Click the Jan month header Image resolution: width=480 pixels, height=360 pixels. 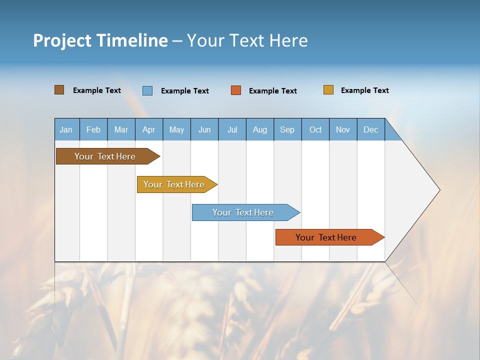tap(66, 129)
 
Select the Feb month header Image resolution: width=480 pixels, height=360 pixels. tap(93, 129)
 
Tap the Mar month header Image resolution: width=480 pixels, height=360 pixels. tap(121, 129)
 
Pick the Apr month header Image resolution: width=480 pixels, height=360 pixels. tap(149, 129)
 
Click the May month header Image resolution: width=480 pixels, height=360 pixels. tap(176, 129)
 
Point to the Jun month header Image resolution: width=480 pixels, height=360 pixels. tap(204, 129)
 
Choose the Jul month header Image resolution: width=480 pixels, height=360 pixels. tap(232, 129)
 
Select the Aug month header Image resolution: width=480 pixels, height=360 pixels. tap(260, 129)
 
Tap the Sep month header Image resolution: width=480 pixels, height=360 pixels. tap(287, 129)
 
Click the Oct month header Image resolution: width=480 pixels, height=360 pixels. tap(315, 129)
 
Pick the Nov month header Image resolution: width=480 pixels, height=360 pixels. tap(343, 129)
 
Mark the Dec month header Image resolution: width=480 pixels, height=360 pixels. tap(371, 129)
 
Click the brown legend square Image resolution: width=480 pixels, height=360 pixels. tap(59, 90)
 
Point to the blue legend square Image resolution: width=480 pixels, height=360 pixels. tap(147, 90)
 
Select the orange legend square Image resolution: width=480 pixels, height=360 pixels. tap(236, 90)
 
